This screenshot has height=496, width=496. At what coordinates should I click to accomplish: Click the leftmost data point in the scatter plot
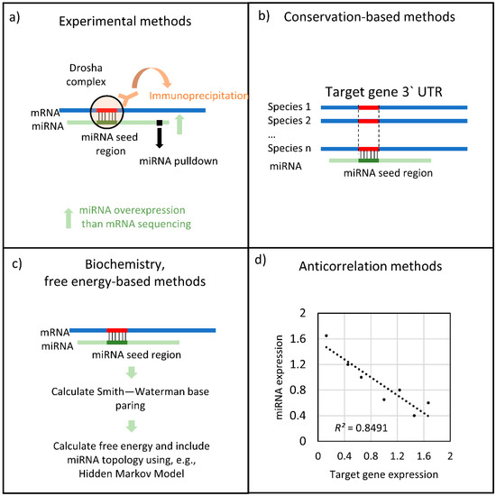[326, 336]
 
